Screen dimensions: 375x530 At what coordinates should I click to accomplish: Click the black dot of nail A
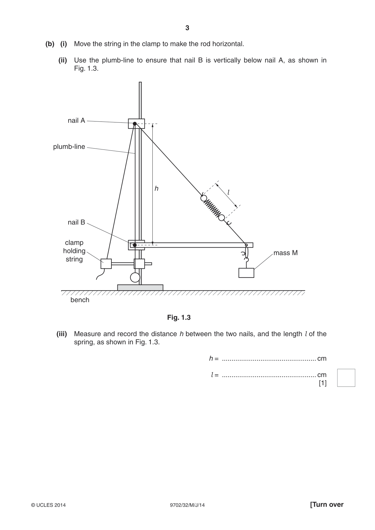[134, 123]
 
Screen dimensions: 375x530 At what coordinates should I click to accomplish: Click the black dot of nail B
[134, 245]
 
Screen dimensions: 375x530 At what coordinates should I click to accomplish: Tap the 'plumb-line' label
[69, 147]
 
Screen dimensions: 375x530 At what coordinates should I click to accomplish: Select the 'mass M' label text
[286, 253]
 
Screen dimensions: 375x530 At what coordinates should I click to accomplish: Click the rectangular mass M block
[246, 273]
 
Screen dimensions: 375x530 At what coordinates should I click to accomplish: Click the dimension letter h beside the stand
[156, 188]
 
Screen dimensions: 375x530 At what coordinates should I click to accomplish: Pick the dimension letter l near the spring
[229, 192]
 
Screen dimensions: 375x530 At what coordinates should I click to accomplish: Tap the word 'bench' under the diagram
[80, 300]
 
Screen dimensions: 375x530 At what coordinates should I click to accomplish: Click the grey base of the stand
[140, 287]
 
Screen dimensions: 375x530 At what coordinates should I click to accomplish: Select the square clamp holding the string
[106, 263]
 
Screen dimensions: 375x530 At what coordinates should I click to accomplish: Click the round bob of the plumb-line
[135, 277]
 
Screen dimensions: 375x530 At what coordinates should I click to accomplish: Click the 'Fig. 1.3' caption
[179, 318]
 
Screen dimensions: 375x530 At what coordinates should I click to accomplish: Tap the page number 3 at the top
[187, 28]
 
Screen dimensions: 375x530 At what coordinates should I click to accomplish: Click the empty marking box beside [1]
[346, 378]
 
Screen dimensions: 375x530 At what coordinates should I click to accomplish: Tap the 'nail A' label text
[76, 121]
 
